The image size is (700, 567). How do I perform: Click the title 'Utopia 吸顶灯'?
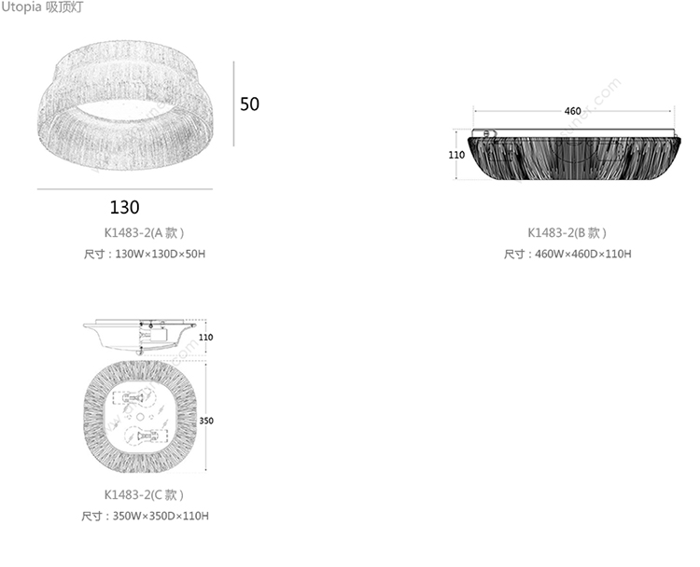click(x=42, y=7)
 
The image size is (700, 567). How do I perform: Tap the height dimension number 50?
click(x=249, y=104)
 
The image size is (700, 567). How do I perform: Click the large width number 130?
click(x=124, y=207)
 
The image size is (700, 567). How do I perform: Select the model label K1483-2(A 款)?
click(x=144, y=232)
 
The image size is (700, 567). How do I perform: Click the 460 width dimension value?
click(x=572, y=111)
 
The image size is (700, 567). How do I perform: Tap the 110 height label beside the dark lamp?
click(x=456, y=155)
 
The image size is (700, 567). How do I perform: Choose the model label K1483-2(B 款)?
click(x=567, y=232)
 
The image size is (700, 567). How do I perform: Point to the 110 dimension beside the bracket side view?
click(x=206, y=338)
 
